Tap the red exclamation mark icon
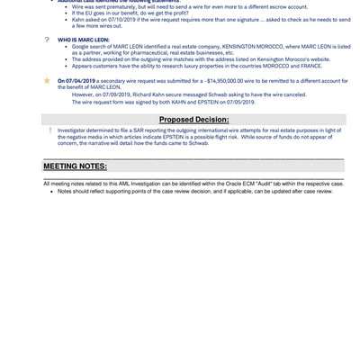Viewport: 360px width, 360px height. pyautogui.click(x=49, y=130)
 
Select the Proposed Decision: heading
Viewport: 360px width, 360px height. pyautogui.click(x=193, y=119)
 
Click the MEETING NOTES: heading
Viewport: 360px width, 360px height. pyautogui.click(x=75, y=166)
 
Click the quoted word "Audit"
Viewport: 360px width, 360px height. pyautogui.click(x=251, y=184)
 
